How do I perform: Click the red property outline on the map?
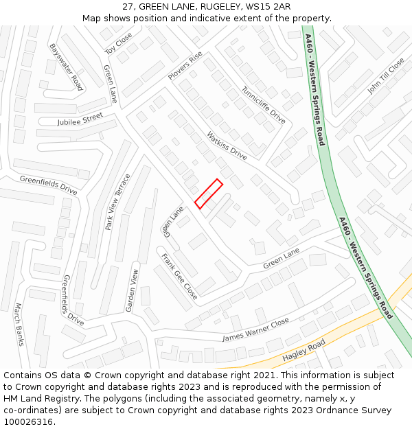click(209, 194)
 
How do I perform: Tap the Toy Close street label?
click(118, 43)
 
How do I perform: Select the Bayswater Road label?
click(66, 67)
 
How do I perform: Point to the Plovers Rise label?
click(185, 65)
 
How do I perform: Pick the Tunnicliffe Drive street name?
click(263, 104)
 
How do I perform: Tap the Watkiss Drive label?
click(227, 146)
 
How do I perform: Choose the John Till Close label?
click(386, 76)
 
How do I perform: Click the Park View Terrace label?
click(117, 202)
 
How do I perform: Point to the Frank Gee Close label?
click(180, 277)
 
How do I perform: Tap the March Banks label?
click(19, 324)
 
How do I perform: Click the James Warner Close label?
click(255, 330)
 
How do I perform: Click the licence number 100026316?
click(30, 422)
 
